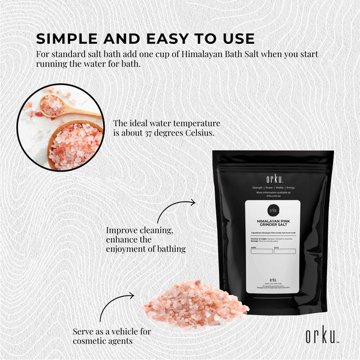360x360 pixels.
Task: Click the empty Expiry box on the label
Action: tap(261, 251)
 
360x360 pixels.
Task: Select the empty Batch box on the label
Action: tap(284, 251)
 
